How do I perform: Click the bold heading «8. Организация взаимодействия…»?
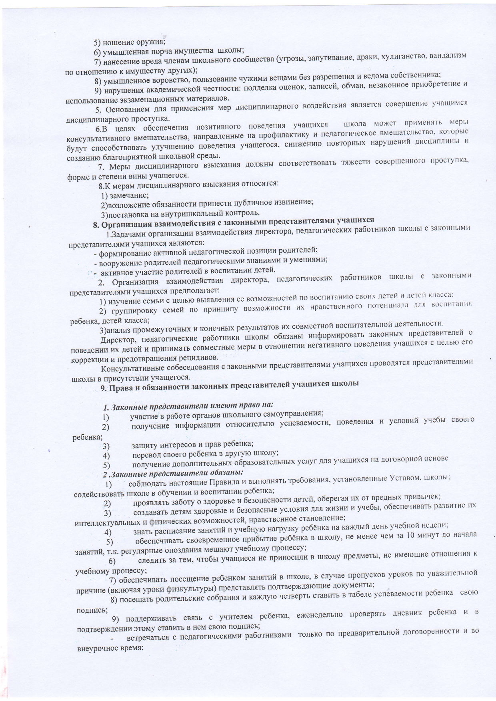[x=234, y=220]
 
